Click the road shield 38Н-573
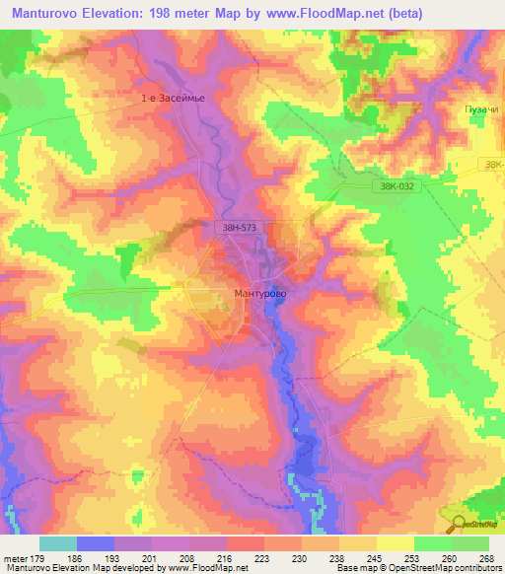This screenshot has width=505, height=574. click(237, 228)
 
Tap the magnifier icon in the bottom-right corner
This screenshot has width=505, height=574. click(458, 523)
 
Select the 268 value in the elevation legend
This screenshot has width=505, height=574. click(485, 556)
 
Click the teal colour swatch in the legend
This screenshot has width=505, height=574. click(57, 542)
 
